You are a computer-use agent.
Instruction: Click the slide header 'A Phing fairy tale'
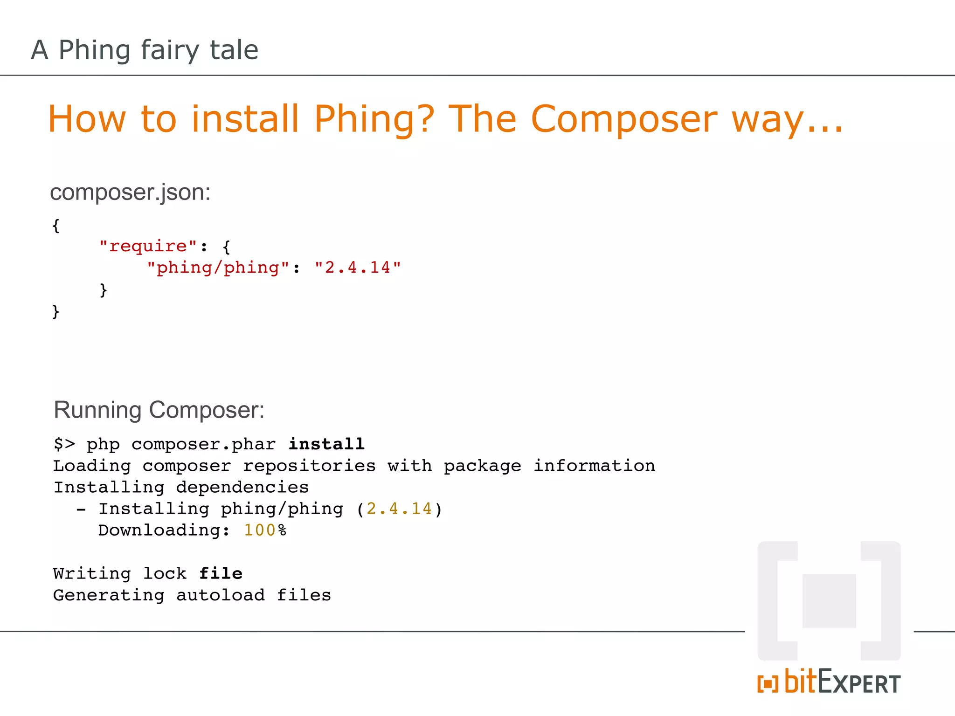click(145, 50)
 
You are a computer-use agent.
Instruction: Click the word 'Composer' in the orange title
click(623, 119)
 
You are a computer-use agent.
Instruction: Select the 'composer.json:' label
click(130, 192)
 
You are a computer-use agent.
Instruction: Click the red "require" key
click(148, 246)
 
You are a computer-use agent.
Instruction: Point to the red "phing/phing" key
click(218, 268)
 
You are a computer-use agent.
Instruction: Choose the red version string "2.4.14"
click(358, 268)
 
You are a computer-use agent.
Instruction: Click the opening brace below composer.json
click(56, 226)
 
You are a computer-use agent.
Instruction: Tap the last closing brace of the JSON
click(56, 311)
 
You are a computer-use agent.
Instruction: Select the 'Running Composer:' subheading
click(159, 410)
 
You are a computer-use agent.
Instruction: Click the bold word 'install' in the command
click(326, 444)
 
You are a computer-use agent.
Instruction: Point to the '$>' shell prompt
click(64, 444)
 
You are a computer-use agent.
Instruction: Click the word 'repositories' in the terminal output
click(309, 466)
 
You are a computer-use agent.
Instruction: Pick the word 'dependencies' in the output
click(242, 487)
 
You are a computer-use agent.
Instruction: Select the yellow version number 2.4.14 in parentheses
click(399, 509)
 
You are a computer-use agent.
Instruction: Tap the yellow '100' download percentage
click(260, 530)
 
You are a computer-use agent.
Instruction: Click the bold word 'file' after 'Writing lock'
click(221, 573)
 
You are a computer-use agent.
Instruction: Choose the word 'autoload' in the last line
click(221, 595)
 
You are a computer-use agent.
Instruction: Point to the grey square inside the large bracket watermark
click(829, 601)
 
